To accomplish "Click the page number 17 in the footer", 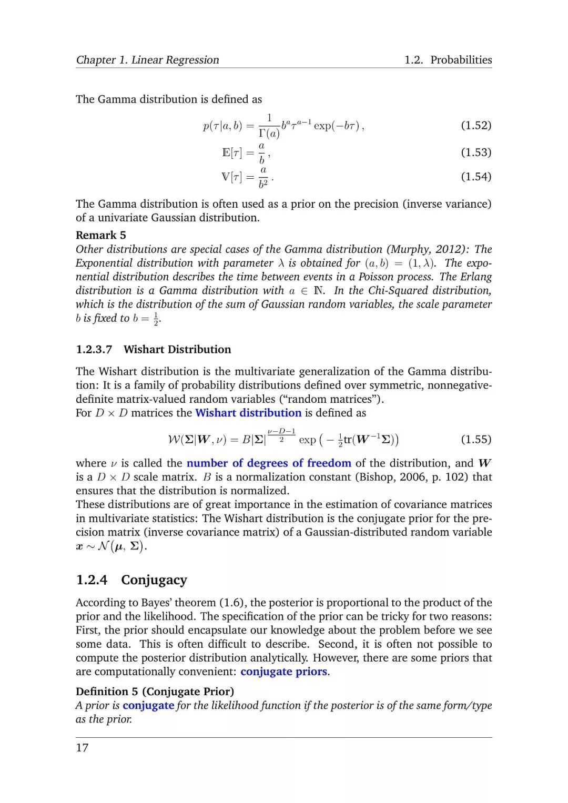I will point(82,747).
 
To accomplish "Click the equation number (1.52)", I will point(475,125).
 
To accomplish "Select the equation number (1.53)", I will point(475,152).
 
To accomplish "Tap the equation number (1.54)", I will point(475,176).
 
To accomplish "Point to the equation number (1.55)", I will point(475,439).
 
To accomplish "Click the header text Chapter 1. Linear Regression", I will point(148,60).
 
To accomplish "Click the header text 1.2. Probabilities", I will point(448,60).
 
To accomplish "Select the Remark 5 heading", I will point(101,235).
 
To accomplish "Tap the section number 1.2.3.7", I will point(94,349).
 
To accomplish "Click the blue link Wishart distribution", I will point(248,413).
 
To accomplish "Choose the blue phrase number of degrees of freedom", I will point(269,463).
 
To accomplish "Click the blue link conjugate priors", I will point(284,672).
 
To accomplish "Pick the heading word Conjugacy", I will point(154,580).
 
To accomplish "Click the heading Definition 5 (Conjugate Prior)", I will point(155,692).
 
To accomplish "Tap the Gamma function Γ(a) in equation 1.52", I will point(269,133).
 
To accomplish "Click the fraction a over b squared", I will point(263,177).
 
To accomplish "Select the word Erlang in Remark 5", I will point(476,277).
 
